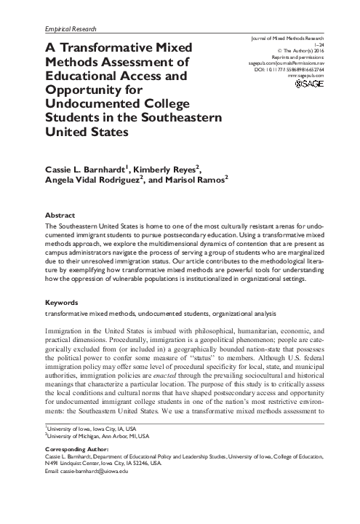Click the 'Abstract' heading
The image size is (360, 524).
(x=60, y=215)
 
